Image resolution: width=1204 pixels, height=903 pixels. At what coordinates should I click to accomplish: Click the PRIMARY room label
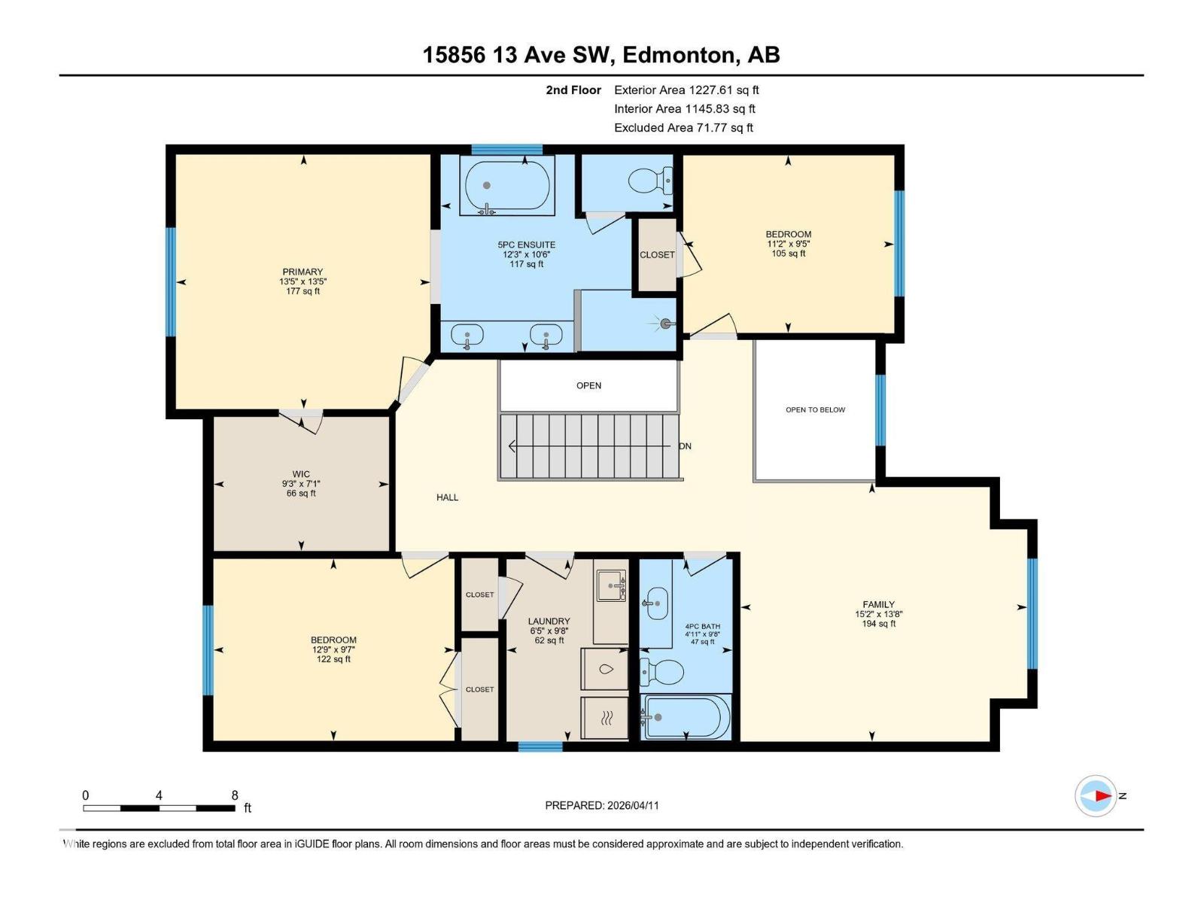point(303,272)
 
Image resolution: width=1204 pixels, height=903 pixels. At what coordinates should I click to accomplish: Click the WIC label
point(301,475)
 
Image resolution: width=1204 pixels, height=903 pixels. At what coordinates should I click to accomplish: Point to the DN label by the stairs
point(685,446)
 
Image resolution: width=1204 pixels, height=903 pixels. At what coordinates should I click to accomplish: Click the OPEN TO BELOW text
point(815,410)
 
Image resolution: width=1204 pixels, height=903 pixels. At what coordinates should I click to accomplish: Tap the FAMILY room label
point(878,604)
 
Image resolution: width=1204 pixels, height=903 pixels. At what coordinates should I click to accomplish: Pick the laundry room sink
point(611,585)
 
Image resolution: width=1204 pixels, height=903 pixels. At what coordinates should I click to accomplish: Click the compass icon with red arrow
point(1096,795)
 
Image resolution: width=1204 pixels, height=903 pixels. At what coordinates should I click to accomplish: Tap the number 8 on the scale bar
point(235,795)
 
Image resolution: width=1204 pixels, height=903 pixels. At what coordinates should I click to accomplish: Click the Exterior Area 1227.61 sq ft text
point(686,90)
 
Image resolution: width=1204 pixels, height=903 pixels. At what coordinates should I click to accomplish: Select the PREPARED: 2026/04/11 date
point(602,805)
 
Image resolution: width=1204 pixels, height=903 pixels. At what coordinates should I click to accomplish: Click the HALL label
point(447,497)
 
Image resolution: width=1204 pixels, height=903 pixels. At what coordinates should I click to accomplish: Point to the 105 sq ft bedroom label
point(788,254)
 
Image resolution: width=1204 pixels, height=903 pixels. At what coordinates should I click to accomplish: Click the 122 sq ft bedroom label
point(333,659)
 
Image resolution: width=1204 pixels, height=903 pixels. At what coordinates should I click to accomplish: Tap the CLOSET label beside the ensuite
point(657,255)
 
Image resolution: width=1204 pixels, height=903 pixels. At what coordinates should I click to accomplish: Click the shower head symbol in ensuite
point(665,324)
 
